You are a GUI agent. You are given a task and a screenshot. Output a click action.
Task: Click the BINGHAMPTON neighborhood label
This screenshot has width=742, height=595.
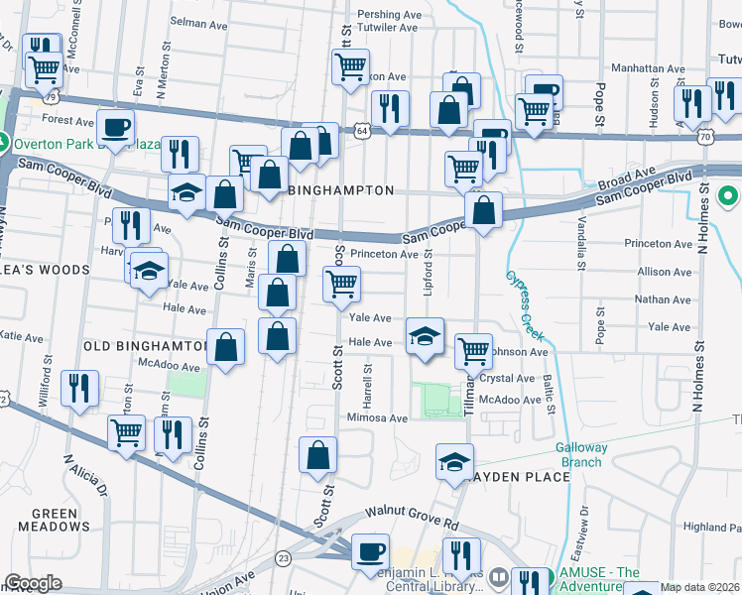pos(341,189)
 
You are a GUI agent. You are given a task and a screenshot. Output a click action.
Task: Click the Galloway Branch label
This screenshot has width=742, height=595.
pos(579,455)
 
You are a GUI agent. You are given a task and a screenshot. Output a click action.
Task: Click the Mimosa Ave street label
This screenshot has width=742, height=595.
pos(377,418)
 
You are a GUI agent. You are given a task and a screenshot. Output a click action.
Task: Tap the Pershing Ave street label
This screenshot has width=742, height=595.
pos(390,16)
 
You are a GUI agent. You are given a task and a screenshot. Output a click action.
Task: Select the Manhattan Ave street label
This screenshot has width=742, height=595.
pos(649,69)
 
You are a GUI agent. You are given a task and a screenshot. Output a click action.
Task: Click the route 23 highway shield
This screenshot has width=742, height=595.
pos(283,557)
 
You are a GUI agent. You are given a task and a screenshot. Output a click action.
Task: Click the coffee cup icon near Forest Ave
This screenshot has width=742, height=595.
pos(115,128)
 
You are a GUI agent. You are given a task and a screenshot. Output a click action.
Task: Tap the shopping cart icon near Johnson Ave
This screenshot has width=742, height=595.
pos(473,350)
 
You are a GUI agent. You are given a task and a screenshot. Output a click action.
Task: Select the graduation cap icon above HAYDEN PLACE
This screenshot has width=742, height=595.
pos(454,461)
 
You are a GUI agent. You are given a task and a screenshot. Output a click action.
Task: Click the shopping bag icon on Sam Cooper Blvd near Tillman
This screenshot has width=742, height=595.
pos(483,211)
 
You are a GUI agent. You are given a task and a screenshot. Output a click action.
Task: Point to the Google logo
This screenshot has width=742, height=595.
pos(34,583)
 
